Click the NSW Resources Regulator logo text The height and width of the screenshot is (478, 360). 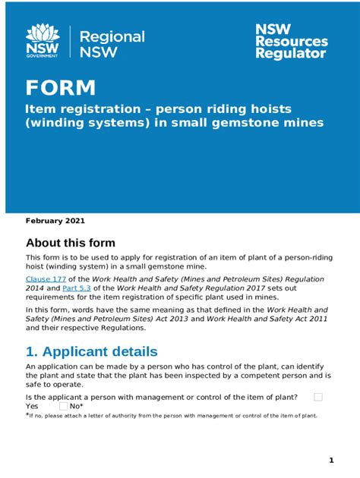tap(291, 40)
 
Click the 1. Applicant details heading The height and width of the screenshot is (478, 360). tap(92, 351)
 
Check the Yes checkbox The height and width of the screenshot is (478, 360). tap(318, 397)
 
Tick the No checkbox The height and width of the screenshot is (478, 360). tap(63, 407)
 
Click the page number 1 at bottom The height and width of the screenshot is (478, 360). tap(331, 461)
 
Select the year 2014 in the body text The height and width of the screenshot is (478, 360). tap(37, 289)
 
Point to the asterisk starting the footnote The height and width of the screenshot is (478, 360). tap(27, 415)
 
